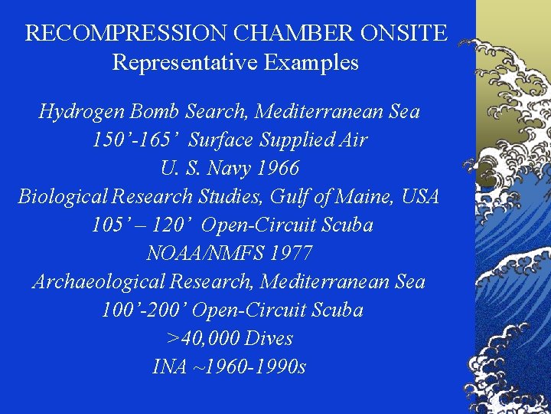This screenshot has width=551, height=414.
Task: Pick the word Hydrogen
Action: pos(82,112)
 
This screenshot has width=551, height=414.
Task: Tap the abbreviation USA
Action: pos(422,196)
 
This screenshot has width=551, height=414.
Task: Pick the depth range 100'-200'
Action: pos(144,310)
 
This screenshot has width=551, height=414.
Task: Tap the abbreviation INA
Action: pos(169,366)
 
